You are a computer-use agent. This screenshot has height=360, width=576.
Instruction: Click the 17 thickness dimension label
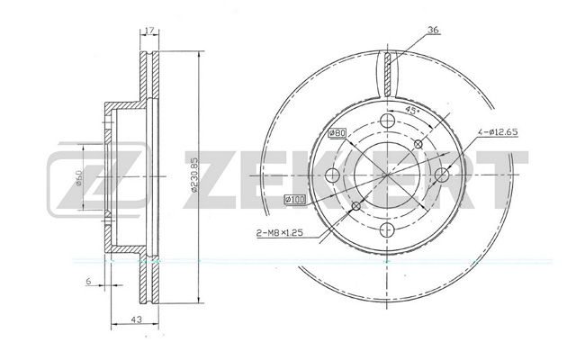point(149,30)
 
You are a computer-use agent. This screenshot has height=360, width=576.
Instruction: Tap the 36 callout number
point(434,30)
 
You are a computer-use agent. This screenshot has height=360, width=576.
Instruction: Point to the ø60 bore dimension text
point(78,178)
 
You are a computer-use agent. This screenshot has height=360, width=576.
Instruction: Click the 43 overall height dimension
point(136,319)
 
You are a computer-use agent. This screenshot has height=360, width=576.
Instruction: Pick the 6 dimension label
point(88,281)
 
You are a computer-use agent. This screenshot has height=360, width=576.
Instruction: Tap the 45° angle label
point(412,110)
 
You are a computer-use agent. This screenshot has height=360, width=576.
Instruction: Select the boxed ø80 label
point(337,132)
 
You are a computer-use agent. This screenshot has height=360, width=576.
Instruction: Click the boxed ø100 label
point(295,200)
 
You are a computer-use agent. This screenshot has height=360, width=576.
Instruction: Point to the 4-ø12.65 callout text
point(498,132)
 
